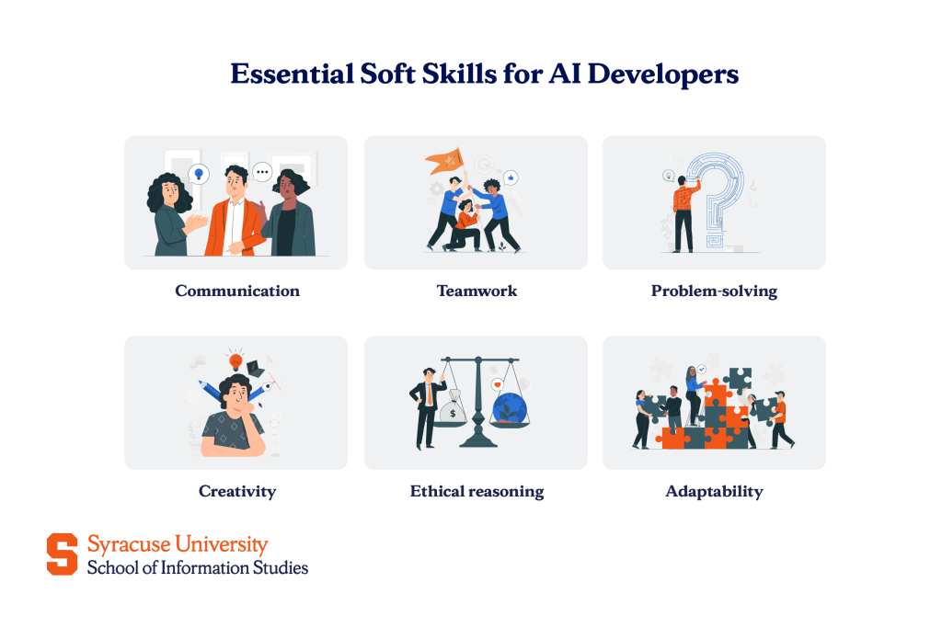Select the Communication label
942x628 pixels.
click(237, 291)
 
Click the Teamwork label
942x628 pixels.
click(477, 291)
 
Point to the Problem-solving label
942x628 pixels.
click(714, 291)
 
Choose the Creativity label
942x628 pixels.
click(237, 491)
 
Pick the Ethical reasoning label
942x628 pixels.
click(477, 491)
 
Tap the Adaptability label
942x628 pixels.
click(714, 491)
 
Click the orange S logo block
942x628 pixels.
click(63, 554)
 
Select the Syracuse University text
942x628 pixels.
click(178, 544)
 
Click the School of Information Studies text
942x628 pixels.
click(198, 567)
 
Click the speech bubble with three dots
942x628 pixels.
click(263, 171)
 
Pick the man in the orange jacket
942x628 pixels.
click(237, 217)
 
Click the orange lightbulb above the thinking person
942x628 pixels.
click(235, 361)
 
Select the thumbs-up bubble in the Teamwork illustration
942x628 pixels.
click(511, 176)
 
